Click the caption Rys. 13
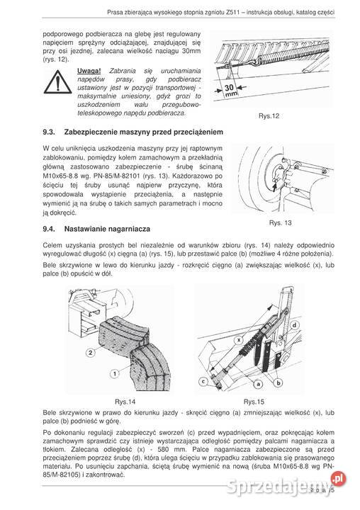click(280, 222)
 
